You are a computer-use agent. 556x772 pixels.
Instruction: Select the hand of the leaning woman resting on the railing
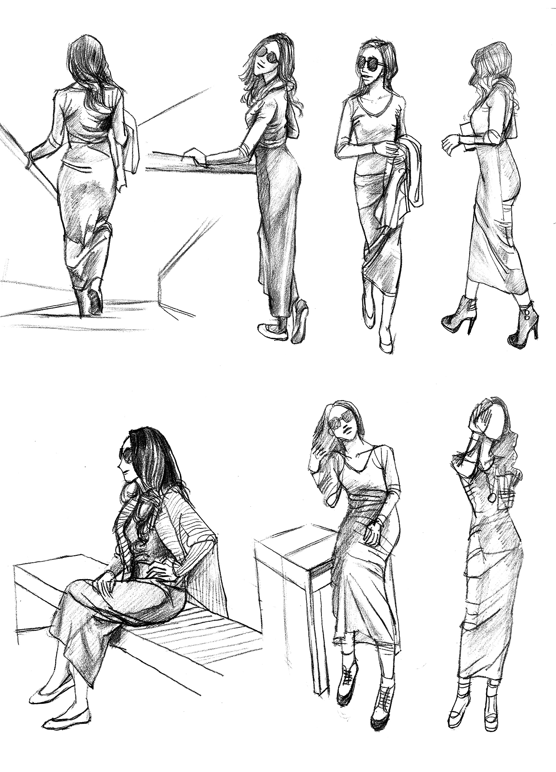[196, 156]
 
